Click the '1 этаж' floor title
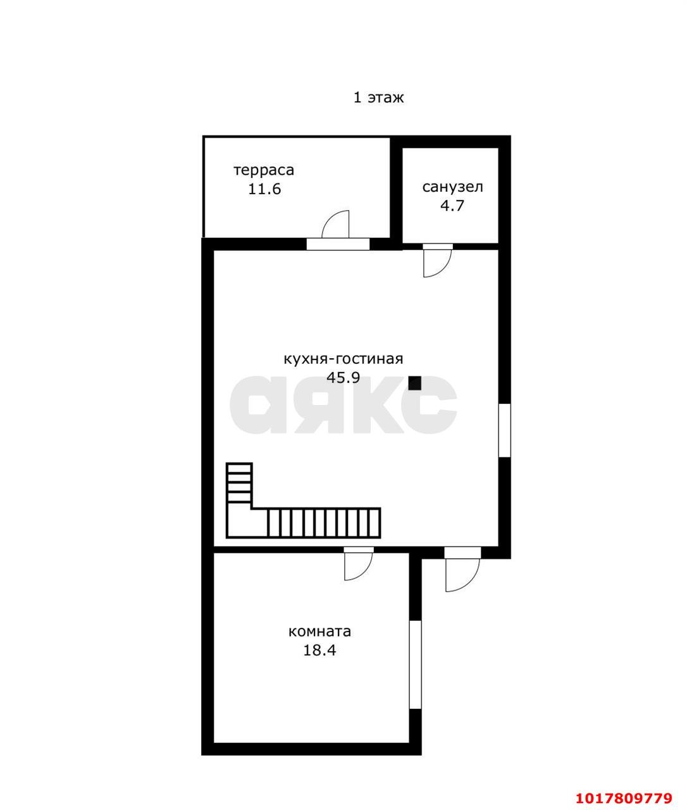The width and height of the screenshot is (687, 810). pyautogui.click(x=378, y=97)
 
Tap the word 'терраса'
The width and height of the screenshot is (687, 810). pyautogui.click(x=264, y=171)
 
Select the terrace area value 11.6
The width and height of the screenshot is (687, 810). pyautogui.click(x=264, y=189)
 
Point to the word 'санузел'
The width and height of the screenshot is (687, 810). pyautogui.click(x=452, y=187)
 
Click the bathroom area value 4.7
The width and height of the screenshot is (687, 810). pyautogui.click(x=452, y=206)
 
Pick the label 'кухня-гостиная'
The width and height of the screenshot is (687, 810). pyautogui.click(x=343, y=359)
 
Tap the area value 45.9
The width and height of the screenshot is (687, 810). pyautogui.click(x=343, y=377)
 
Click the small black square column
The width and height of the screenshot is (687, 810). pyautogui.click(x=414, y=383)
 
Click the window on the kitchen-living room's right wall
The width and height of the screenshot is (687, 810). pyautogui.click(x=504, y=430)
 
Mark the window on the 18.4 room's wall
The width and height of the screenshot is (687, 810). pyautogui.click(x=415, y=664)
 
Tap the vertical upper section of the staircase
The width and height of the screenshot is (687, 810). pyautogui.click(x=239, y=483)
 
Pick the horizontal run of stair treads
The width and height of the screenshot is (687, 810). pyautogui.click(x=324, y=523)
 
